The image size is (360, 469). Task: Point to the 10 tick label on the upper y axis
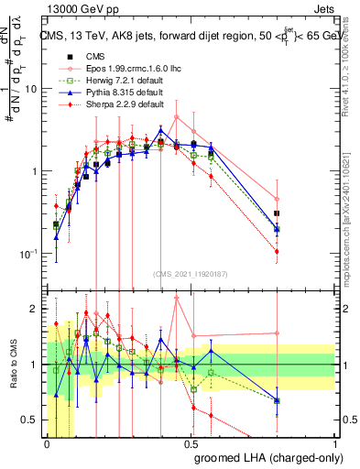point(30,89)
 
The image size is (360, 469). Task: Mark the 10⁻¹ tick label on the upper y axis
point(27,254)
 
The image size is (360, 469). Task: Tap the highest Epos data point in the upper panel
point(177,116)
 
